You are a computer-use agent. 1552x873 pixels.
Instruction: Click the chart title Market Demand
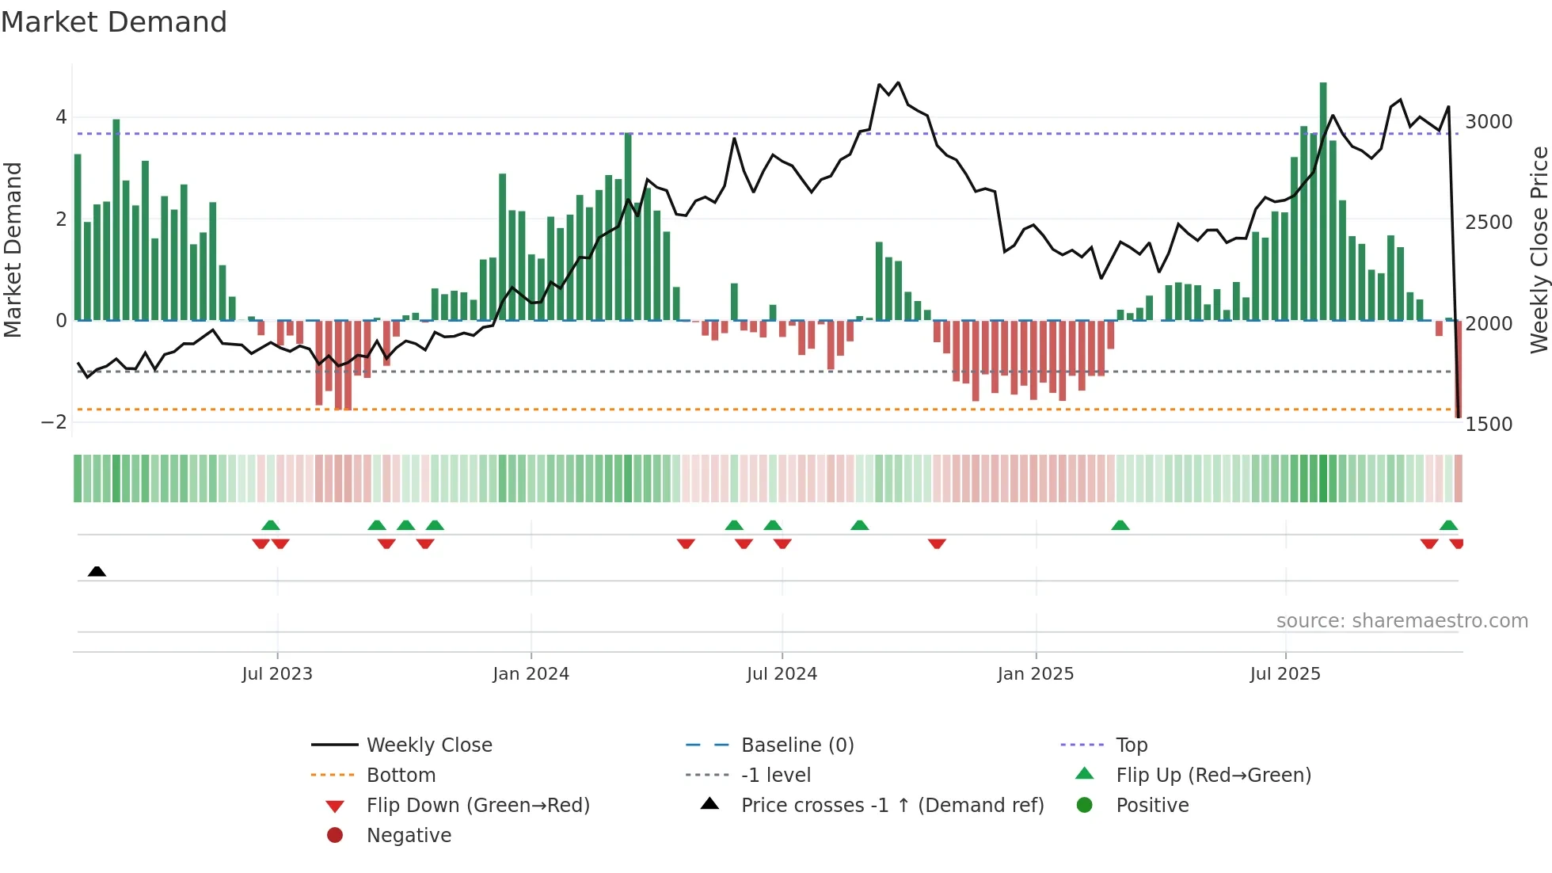pyautogui.click(x=114, y=22)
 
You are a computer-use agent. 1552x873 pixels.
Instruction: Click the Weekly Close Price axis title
pyautogui.click(x=1539, y=250)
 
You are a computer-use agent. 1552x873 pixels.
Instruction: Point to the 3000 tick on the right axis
pyautogui.click(x=1488, y=122)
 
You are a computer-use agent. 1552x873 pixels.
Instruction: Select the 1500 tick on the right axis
pyautogui.click(x=1488, y=425)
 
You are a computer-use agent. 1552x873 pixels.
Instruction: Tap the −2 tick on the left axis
pyautogui.click(x=54, y=422)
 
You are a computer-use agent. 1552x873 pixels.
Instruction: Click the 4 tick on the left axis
pyautogui.click(x=61, y=118)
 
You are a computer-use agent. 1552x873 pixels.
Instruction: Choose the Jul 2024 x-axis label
pyautogui.click(x=782, y=674)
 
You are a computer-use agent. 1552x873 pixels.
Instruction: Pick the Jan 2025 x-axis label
pyautogui.click(x=1035, y=674)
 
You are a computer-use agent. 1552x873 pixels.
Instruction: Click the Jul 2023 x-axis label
pyautogui.click(x=277, y=674)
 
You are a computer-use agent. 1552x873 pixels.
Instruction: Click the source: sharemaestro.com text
pyautogui.click(x=1402, y=621)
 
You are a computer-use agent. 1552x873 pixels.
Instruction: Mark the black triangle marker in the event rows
pyautogui.click(x=97, y=572)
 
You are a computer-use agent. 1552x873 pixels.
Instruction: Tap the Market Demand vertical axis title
pyautogui.click(x=13, y=250)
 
